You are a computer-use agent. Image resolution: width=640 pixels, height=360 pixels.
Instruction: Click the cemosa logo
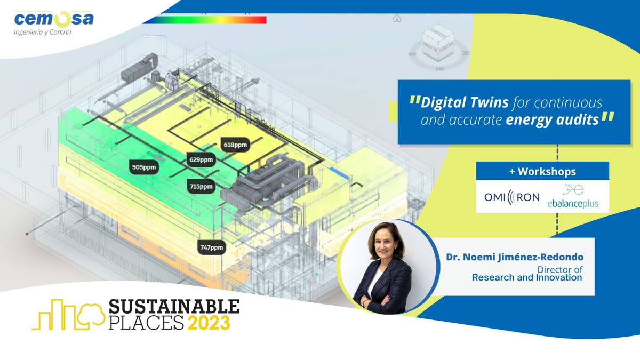tap(53, 21)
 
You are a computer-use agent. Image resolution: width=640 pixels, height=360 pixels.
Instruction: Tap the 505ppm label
tap(143, 167)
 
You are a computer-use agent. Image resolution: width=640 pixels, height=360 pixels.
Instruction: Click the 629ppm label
tap(201, 159)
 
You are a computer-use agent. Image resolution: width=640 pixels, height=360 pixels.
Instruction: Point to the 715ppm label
tap(201, 186)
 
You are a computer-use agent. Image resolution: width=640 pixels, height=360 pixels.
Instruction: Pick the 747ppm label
tap(211, 247)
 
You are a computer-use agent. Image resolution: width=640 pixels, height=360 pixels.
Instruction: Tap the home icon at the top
tap(396, 19)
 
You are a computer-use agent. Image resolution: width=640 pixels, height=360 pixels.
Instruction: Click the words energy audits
tap(552, 120)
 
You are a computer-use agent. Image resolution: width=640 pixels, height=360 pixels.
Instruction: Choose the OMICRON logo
tap(511, 196)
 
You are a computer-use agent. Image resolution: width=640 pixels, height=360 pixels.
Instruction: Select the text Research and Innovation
tap(526, 277)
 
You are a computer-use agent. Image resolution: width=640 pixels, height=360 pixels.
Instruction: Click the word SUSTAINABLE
tap(174, 307)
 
